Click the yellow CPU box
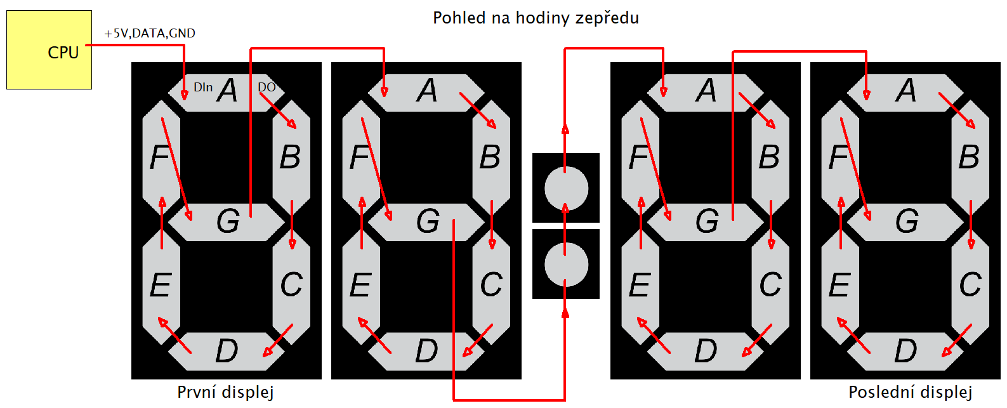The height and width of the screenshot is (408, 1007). point(49,49)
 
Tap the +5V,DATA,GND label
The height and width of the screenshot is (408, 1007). point(150,33)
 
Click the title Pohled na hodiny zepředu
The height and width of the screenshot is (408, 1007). point(536,18)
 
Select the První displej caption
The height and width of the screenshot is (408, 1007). point(225,392)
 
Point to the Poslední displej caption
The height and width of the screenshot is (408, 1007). point(910,392)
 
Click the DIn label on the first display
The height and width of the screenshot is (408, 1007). point(203,87)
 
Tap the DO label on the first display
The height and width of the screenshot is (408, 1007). point(267,87)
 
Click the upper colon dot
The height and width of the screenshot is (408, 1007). point(566,188)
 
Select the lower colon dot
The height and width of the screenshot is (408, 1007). point(566,264)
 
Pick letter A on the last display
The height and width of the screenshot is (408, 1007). point(906,91)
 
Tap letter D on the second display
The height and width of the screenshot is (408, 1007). point(426,350)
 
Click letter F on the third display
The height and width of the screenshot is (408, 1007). point(639,157)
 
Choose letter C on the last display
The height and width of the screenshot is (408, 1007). point(970,284)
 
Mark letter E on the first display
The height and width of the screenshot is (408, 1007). point(161,284)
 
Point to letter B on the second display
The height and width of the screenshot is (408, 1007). point(490,157)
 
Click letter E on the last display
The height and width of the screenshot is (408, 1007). point(839,284)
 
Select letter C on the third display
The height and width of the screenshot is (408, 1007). point(770,284)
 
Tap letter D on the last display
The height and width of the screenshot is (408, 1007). point(905,350)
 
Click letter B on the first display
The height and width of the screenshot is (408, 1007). point(290,157)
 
